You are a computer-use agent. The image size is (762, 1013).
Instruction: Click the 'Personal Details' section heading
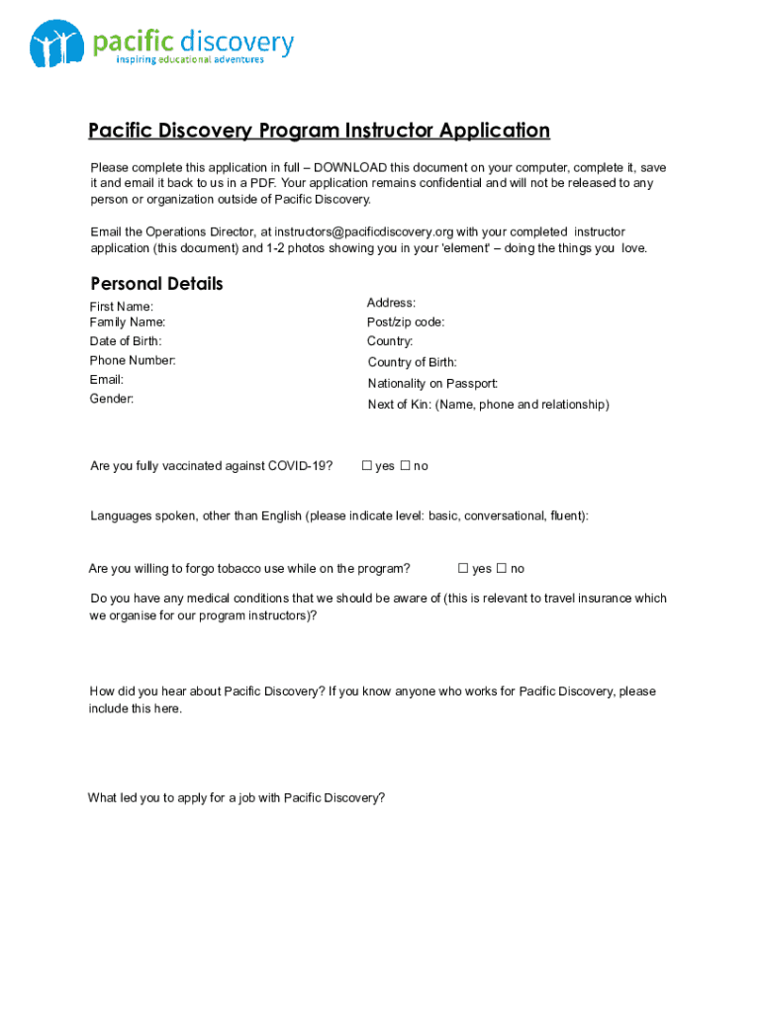(156, 284)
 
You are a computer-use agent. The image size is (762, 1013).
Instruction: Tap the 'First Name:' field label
(122, 307)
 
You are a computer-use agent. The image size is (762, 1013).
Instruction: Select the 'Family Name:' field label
(128, 322)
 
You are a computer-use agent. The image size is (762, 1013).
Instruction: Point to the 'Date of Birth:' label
(126, 341)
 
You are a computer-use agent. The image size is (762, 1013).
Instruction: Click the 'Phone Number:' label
(133, 360)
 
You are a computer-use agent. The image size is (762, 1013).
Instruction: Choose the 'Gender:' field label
(112, 399)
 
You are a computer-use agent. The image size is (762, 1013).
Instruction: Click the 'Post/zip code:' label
(406, 322)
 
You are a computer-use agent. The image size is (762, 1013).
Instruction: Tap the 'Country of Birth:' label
(412, 363)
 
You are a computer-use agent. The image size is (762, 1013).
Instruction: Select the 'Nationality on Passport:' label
(432, 384)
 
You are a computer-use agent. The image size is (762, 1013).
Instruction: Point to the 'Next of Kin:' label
(399, 405)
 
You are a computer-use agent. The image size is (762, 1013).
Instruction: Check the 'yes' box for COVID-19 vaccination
(366, 466)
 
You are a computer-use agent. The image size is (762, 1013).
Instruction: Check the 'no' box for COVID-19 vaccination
(404, 466)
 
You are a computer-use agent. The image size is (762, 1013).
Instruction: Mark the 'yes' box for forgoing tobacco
(463, 569)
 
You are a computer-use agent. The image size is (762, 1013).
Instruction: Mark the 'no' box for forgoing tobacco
(501, 569)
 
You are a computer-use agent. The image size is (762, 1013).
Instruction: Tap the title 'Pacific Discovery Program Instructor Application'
(319, 131)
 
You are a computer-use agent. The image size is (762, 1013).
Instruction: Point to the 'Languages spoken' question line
(339, 516)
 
